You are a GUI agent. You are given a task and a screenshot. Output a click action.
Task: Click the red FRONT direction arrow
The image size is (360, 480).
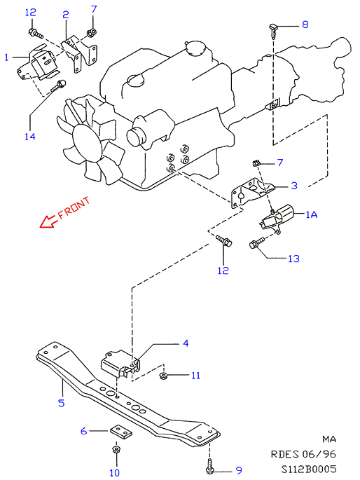click(x=48, y=221)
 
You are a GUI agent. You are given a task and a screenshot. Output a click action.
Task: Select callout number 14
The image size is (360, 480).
click(x=30, y=137)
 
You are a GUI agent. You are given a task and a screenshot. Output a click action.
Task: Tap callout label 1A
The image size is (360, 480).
click(x=312, y=214)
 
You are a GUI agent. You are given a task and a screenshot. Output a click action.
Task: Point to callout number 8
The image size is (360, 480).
click(x=305, y=25)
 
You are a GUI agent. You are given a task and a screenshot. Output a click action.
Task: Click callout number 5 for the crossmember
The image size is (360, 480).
click(x=62, y=402)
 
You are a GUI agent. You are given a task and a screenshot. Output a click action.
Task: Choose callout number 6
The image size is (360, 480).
click(x=84, y=431)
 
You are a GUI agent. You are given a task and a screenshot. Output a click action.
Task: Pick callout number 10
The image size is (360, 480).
click(x=114, y=473)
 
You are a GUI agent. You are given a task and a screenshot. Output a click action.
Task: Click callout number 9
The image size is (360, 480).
click(x=239, y=470)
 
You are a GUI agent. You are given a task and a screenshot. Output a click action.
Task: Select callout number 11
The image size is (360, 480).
click(x=195, y=376)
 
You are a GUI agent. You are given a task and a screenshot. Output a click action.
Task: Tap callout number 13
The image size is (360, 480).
click(x=293, y=259)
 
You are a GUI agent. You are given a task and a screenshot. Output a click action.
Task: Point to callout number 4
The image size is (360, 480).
click(x=186, y=343)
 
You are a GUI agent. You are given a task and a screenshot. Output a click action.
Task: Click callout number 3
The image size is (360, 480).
click(x=294, y=186)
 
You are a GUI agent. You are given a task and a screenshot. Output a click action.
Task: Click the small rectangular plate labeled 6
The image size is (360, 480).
click(x=120, y=432)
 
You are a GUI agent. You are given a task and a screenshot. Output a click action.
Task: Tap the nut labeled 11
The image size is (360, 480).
click(x=163, y=375)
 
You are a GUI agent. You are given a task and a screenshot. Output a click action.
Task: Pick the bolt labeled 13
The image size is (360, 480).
click(x=256, y=243)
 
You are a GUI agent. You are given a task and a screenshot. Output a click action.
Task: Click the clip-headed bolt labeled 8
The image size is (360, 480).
click(x=273, y=31)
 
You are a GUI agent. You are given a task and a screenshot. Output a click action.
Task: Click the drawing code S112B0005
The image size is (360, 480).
click(x=309, y=469)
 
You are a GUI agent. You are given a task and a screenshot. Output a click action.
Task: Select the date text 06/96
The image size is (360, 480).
click(x=319, y=454)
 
